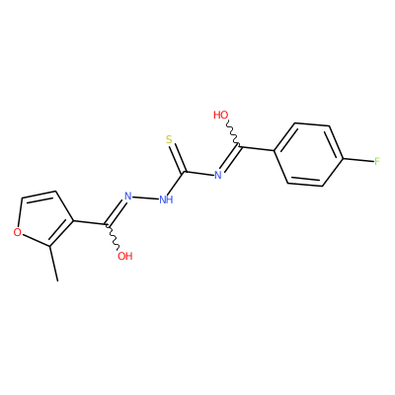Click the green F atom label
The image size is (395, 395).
377,161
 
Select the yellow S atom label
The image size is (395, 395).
169,140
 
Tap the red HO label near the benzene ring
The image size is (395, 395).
220,116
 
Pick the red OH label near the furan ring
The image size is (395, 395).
125,256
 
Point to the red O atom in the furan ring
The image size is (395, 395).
18,232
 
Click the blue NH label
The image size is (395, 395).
166,199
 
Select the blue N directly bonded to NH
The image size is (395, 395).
128,197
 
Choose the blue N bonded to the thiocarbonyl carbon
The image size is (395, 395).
218,175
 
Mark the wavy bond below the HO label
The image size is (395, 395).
232,133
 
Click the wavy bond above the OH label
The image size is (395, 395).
113,238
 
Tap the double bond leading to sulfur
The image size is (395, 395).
177,158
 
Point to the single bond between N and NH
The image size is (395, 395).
145,197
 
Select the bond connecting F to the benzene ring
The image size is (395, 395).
358,160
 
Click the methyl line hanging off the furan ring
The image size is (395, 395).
54,264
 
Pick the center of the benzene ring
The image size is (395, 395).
309,155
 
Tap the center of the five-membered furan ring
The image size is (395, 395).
42,219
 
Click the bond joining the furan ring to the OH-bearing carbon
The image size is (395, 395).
89,223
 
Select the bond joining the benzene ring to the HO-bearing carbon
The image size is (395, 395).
257,148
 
